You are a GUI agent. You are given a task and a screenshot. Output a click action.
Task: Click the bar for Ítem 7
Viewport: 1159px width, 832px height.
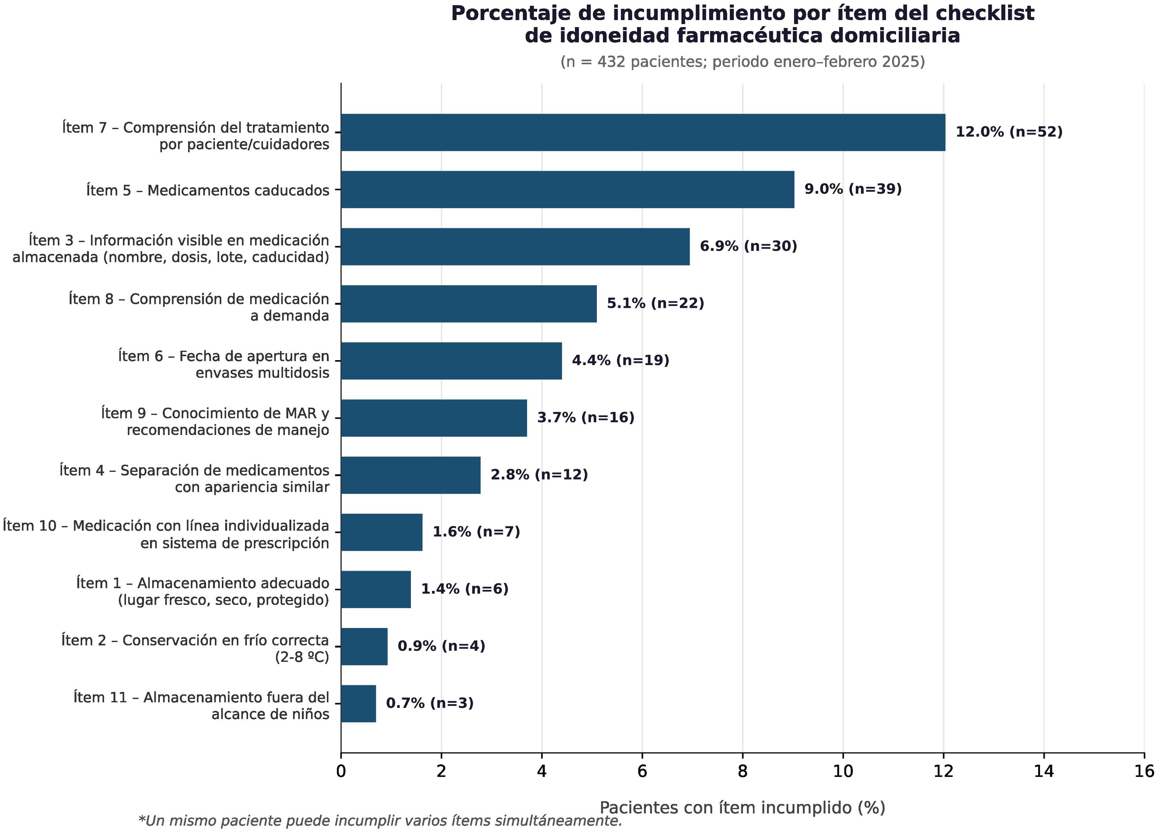click(643, 132)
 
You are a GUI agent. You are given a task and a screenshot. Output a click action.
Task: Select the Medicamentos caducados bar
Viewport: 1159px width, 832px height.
click(568, 190)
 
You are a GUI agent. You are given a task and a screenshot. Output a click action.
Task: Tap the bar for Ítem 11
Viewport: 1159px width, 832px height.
click(359, 704)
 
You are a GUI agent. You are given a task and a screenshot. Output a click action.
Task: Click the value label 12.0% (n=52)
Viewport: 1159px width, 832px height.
click(1009, 132)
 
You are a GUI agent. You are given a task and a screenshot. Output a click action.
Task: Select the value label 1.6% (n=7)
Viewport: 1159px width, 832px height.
click(476, 532)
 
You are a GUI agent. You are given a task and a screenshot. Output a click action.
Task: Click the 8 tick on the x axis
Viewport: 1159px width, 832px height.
click(743, 772)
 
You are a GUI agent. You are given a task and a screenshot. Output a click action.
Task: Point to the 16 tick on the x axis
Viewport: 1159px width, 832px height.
click(1144, 772)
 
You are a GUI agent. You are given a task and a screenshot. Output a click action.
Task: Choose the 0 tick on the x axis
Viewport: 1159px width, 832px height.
click(341, 772)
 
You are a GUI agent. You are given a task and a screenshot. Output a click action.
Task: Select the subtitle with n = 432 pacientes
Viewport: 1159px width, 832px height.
click(743, 62)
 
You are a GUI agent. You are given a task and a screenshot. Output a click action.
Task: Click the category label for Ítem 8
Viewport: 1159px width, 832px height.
click(199, 307)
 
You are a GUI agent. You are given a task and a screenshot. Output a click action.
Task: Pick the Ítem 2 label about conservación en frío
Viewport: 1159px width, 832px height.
click(195, 649)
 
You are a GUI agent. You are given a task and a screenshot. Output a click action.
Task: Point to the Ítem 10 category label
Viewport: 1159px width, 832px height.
click(166, 534)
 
